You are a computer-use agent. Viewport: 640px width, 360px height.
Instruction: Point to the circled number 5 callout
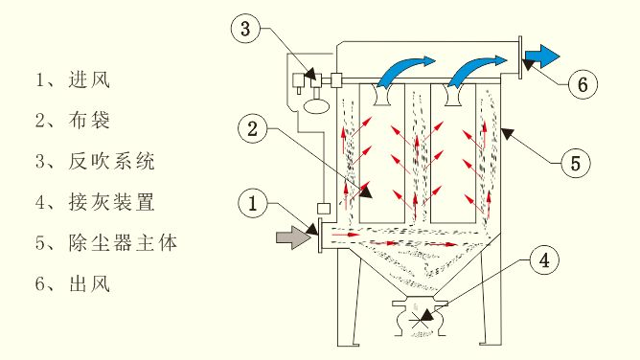(574, 163)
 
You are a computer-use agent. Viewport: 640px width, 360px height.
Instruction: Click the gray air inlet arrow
(290, 236)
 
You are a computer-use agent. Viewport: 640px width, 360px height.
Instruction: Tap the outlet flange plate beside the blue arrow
(518, 56)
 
